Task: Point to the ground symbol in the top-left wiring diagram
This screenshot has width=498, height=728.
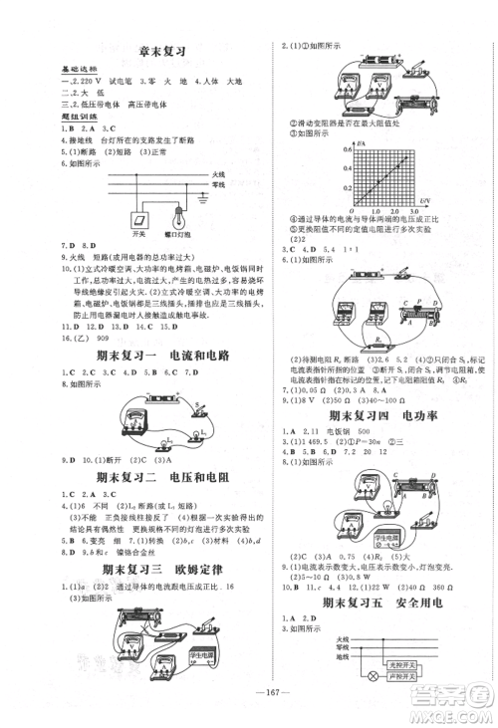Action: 204,198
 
